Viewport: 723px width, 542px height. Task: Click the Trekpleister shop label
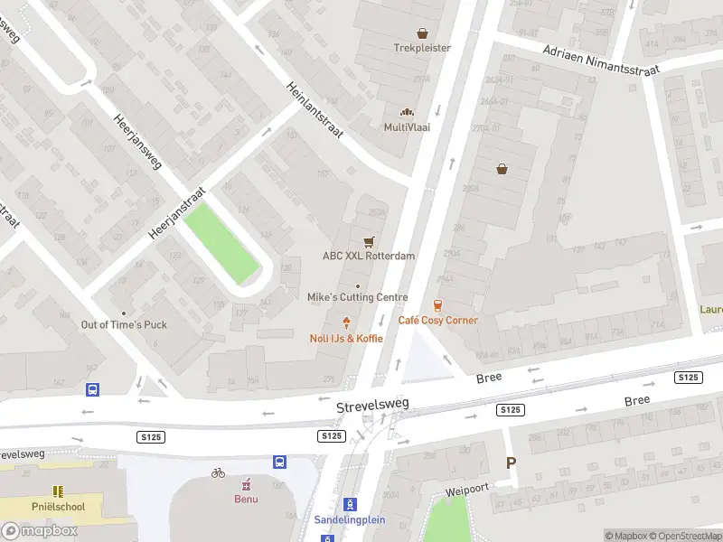tap(422, 48)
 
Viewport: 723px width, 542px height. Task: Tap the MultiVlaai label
tap(407, 127)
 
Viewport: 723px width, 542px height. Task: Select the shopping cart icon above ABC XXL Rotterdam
tap(368, 242)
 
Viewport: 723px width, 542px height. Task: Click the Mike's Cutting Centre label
tap(358, 297)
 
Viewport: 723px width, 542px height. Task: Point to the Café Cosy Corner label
tap(438, 320)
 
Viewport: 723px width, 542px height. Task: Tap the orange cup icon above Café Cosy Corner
tap(438, 305)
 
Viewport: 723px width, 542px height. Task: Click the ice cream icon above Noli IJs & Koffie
tap(346, 322)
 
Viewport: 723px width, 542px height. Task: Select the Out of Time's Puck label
tap(124, 324)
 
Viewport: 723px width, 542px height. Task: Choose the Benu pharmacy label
tap(246, 499)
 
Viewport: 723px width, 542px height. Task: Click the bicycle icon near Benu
tap(218, 472)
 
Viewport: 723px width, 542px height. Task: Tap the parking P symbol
tap(511, 463)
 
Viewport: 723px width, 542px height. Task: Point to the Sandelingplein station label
tap(350, 519)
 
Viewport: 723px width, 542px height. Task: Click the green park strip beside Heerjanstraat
tap(221, 242)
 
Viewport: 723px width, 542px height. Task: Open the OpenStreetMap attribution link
tap(687, 536)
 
